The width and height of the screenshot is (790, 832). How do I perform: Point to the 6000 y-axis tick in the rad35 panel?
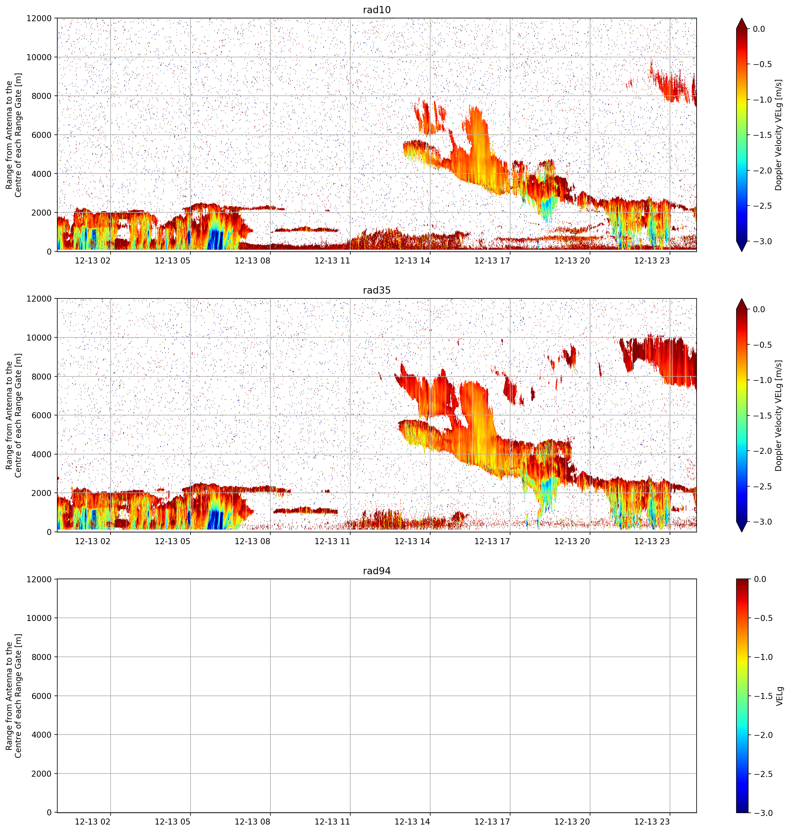tap(42, 415)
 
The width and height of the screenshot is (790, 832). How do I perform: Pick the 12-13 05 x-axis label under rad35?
tap(173, 541)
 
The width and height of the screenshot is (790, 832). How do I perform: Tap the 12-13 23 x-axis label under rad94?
tap(652, 822)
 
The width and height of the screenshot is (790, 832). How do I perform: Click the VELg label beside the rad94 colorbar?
tap(779, 696)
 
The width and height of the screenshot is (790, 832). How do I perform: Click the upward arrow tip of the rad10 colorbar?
tap(742, 18)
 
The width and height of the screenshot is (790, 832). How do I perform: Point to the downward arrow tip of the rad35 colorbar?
tap(742, 532)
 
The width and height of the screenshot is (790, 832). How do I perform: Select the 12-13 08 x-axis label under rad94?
tap(252, 822)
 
